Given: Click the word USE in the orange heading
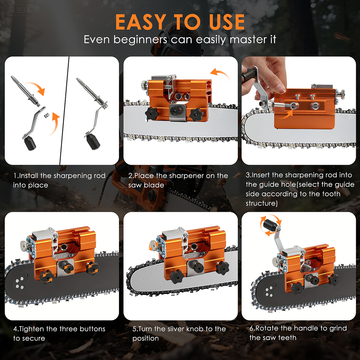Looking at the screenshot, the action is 227,22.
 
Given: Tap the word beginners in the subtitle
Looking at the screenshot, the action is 140,40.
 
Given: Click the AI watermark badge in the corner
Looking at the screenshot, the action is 19,10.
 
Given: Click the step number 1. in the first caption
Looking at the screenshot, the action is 16,175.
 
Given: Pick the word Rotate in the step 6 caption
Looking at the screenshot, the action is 267,328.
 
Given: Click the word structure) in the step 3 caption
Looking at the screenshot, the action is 262,203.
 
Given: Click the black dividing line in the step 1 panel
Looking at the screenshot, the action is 65,111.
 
